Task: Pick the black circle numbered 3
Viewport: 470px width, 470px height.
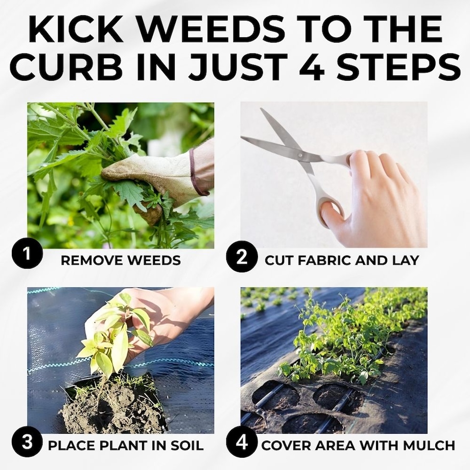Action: [27, 442]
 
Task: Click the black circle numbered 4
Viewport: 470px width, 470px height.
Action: [241, 443]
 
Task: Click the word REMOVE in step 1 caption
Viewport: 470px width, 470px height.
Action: [93, 260]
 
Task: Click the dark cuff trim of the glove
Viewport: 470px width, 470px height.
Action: [196, 172]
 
